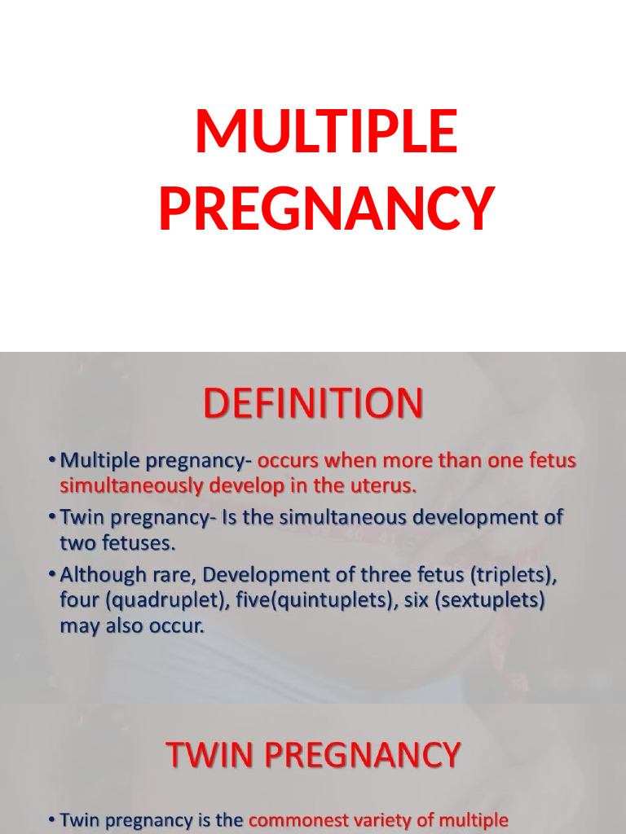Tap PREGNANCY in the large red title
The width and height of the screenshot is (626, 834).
326,208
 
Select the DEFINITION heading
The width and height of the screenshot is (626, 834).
313,403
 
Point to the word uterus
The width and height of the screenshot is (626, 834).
385,487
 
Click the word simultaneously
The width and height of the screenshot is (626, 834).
130,487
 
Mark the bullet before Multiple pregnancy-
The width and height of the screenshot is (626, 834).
52,461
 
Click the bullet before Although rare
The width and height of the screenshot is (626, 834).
52,574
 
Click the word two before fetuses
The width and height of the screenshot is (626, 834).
77,543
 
